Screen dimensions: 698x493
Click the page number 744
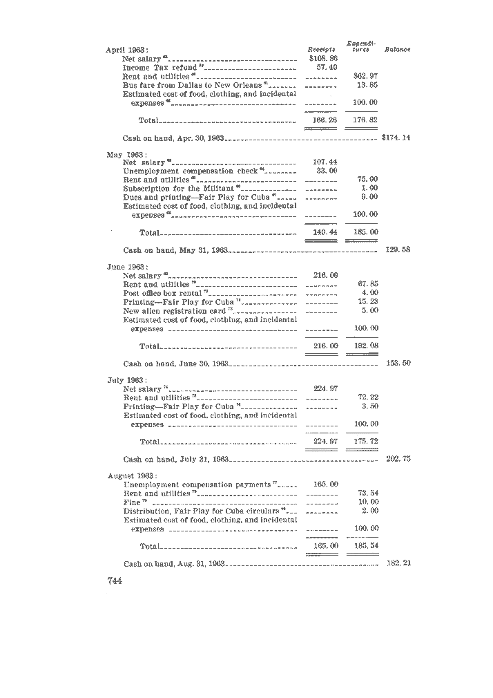click(115, 581)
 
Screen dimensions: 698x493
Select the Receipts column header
click(321, 50)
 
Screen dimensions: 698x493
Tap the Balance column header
click(397, 50)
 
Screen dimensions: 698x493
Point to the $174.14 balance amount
click(396, 138)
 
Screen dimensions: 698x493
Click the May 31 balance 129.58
click(398, 249)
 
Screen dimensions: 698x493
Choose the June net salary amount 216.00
click(325, 275)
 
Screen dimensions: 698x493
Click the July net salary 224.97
click(325, 388)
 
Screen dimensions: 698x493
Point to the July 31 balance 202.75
click(398, 458)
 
